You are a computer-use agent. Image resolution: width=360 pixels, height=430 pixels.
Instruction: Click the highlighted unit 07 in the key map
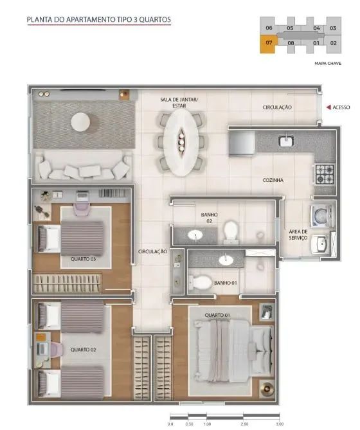tap(269, 43)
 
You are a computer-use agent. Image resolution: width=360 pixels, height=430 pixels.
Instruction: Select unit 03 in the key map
tap(333, 28)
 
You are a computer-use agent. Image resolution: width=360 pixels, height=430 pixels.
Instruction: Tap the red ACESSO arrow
tap(328, 107)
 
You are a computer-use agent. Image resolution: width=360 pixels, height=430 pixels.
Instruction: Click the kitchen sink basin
tap(286, 141)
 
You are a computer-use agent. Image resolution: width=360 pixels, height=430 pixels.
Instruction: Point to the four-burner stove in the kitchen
tap(325, 174)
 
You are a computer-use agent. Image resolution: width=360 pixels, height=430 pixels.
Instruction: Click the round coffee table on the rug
tap(80, 121)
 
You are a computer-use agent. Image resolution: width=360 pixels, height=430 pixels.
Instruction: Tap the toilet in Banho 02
tap(231, 232)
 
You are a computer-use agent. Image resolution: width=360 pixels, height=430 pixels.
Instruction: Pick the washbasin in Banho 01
tap(226, 260)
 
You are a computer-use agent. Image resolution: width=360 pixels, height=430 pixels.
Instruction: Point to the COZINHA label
tap(273, 180)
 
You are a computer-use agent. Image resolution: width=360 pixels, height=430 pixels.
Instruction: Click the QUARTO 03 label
tap(84, 259)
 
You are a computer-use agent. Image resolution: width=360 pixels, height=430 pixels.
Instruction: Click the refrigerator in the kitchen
tap(242, 143)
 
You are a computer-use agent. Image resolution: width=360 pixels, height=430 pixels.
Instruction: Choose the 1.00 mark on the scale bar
tap(207, 424)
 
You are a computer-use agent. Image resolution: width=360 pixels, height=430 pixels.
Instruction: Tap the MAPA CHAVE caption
tap(328, 64)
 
